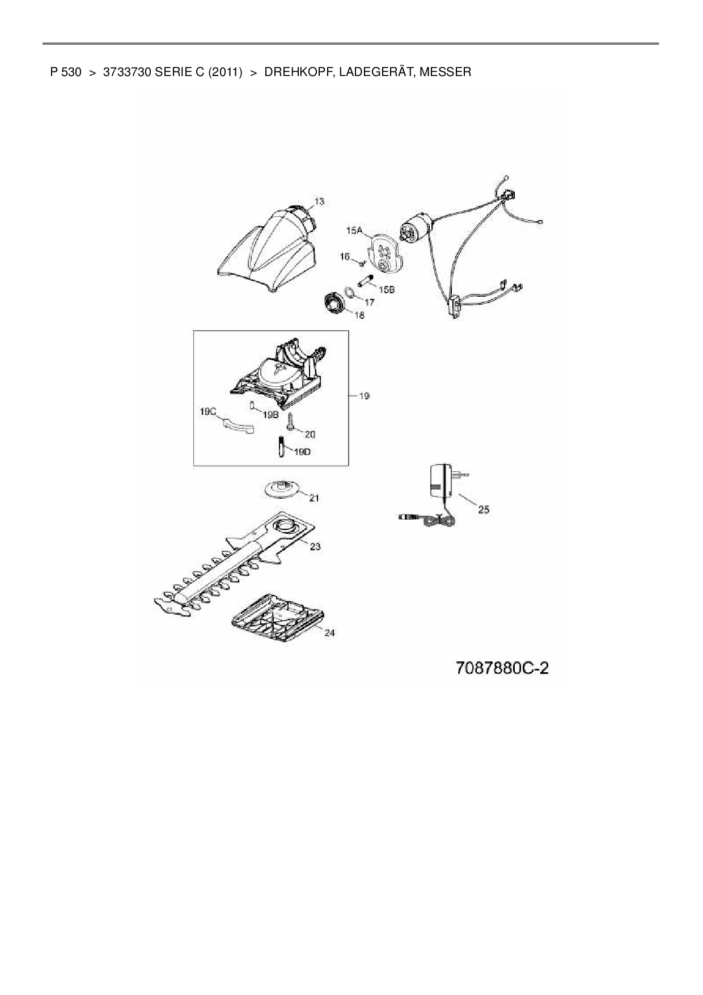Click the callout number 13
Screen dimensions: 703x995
point(319,201)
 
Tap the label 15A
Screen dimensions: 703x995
point(354,230)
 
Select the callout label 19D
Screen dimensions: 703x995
point(302,452)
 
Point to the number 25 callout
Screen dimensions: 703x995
point(483,509)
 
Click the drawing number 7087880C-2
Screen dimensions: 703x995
point(502,668)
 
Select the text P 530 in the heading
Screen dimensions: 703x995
point(66,72)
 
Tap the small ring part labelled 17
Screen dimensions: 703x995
point(350,293)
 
